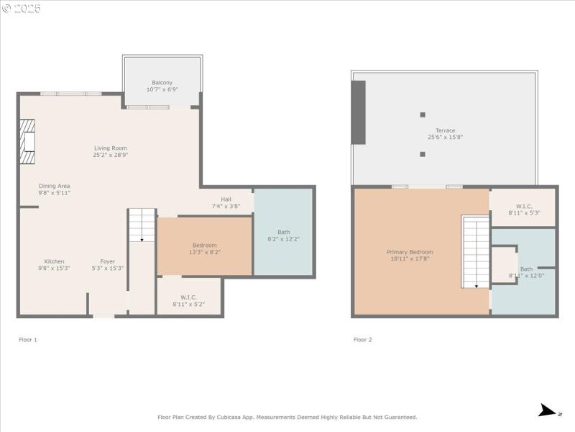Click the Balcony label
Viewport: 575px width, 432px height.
[x=162, y=83]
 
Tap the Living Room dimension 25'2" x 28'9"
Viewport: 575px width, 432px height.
[x=109, y=156]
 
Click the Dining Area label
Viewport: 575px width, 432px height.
[x=55, y=186]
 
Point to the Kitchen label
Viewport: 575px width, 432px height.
[x=55, y=261]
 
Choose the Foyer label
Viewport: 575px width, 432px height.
[x=107, y=261]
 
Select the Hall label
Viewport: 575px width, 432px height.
[x=226, y=199]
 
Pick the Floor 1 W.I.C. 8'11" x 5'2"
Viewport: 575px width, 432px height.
[x=189, y=301]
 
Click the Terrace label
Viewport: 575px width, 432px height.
[x=445, y=130]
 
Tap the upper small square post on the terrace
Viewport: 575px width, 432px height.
[x=423, y=114]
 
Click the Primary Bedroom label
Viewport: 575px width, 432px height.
[x=410, y=252]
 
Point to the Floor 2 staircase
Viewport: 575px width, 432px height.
[x=475, y=252]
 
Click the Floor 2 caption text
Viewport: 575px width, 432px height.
[x=362, y=339]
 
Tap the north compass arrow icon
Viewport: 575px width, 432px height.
[x=550, y=411]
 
